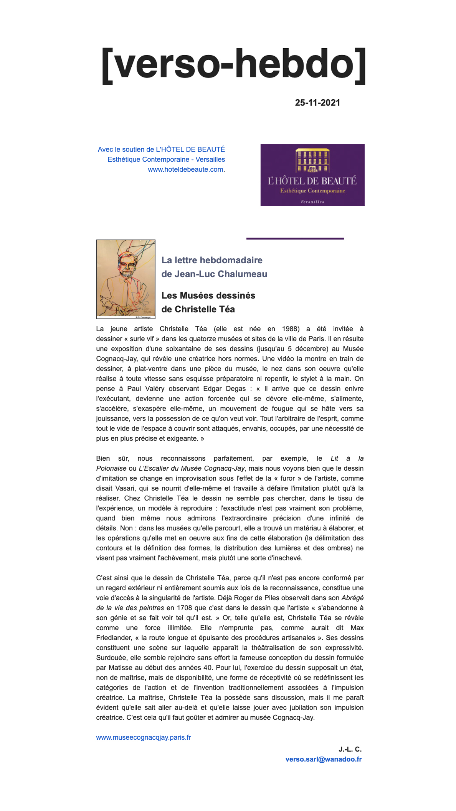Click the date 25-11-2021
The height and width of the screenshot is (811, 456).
317,103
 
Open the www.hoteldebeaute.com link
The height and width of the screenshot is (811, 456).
185,169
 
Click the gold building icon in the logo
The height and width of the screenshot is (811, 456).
312,161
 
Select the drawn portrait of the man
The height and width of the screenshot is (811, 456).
126,279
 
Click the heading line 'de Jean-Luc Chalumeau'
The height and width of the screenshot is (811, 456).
214,274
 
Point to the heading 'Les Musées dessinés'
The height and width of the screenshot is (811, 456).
208,296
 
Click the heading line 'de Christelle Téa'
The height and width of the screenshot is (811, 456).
198,309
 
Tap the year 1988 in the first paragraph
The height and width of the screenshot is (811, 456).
291,329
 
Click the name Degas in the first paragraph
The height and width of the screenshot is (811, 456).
235,389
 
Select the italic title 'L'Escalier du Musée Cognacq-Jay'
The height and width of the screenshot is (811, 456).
192,468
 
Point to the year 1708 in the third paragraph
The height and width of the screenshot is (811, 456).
184,608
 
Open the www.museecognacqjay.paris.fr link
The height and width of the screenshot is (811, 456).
144,737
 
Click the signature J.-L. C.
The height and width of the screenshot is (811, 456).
350,749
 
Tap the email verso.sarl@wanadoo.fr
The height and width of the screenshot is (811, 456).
324,759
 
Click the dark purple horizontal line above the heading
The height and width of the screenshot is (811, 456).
295,238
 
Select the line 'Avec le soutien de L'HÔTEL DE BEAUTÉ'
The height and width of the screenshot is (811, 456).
161,149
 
